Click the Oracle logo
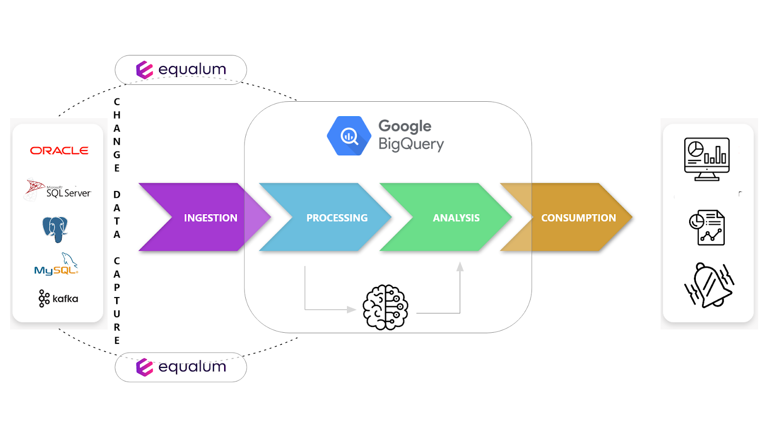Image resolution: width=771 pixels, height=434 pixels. (x=59, y=151)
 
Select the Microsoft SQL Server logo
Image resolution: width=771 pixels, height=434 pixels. (x=58, y=190)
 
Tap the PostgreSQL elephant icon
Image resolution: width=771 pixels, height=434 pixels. (x=55, y=229)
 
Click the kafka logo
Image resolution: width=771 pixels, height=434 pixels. (x=58, y=298)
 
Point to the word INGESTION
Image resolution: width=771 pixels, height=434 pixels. (x=211, y=218)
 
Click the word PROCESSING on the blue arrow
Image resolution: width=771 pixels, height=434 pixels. (x=337, y=218)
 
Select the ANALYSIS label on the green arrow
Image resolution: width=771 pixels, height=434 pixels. (x=456, y=218)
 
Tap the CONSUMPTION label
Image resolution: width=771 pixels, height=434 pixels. (x=578, y=218)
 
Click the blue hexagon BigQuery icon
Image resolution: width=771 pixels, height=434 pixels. (x=349, y=136)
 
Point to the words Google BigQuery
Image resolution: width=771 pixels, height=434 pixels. (x=411, y=135)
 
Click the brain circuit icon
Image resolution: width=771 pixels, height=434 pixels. (x=385, y=307)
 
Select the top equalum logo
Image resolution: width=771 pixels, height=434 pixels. (x=181, y=70)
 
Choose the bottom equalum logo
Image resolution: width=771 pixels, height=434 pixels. (x=181, y=367)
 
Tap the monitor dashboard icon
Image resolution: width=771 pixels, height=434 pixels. (x=707, y=159)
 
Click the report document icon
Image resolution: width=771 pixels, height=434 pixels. (x=707, y=228)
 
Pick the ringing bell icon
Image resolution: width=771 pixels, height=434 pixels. (x=709, y=285)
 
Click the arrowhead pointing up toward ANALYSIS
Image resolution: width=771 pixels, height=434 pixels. (x=460, y=267)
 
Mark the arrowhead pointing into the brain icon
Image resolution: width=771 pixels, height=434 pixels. (x=351, y=310)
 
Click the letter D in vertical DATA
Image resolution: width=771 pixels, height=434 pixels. (x=117, y=195)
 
